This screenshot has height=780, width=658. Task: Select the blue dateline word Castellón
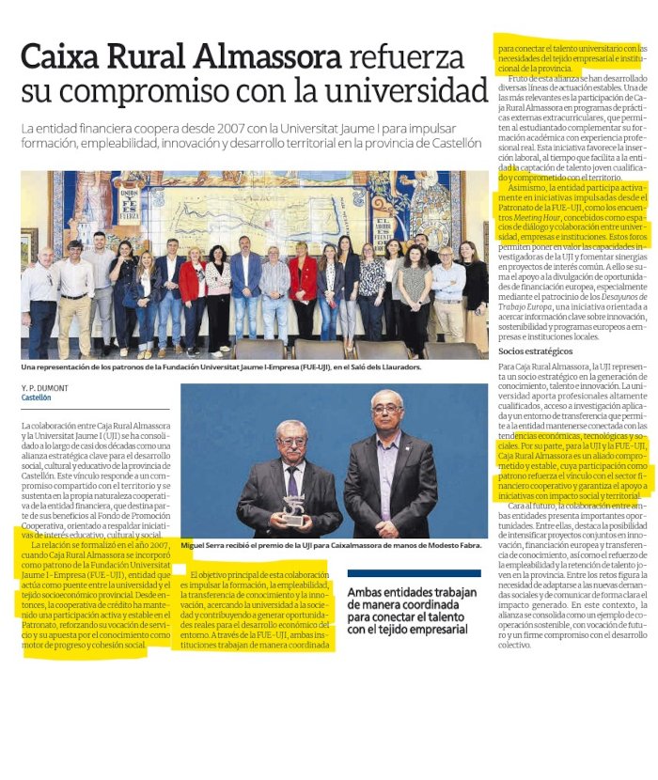pos(38,397)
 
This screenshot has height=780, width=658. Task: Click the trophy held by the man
pos(294,508)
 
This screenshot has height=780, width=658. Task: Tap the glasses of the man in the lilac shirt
pos(385,410)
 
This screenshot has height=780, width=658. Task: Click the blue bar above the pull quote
pos(414,572)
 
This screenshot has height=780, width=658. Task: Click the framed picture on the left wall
pos(29,247)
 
